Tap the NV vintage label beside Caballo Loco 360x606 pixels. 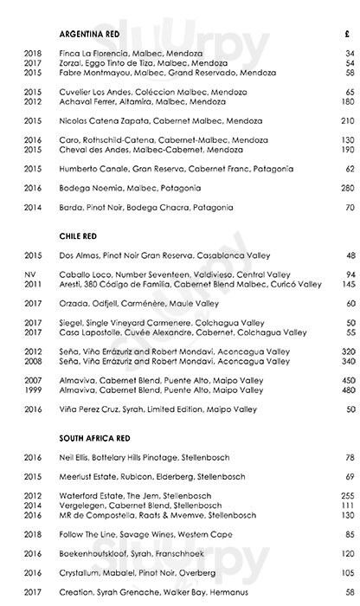pos(31,274)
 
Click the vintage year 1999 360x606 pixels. pos(31,390)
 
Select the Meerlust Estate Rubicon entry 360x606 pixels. pos(144,475)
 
